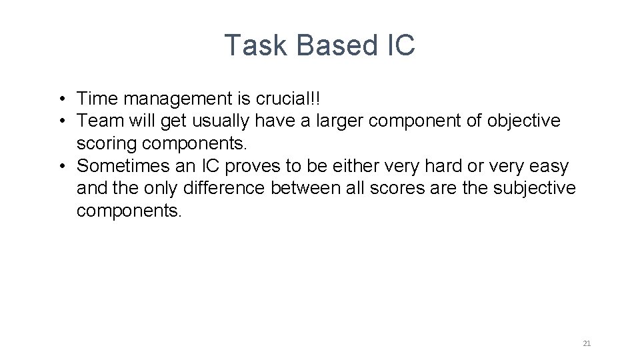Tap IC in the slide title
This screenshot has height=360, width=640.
(x=400, y=45)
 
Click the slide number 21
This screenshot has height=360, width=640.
(x=587, y=343)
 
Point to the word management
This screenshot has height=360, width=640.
(x=175, y=99)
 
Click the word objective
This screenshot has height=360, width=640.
(x=524, y=121)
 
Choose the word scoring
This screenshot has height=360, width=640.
(x=106, y=143)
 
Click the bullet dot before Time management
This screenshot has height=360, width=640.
(x=60, y=99)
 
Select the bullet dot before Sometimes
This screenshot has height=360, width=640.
(x=60, y=166)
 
